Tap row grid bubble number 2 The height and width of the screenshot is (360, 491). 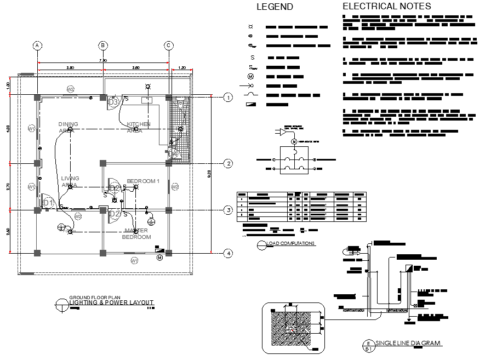click(229, 163)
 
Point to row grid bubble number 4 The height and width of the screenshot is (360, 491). click(229, 253)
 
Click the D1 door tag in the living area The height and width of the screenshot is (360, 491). click(48, 203)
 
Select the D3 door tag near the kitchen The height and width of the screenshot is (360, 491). click(113, 102)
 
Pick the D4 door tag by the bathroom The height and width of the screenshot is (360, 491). click(174, 155)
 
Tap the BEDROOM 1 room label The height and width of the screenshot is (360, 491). click(142, 181)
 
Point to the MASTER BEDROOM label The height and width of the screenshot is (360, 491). click(136, 234)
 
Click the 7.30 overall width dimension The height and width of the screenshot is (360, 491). click(102, 60)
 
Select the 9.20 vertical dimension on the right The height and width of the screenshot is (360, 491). click(209, 174)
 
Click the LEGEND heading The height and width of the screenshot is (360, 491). click(275, 7)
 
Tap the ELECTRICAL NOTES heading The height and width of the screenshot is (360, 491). click(386, 7)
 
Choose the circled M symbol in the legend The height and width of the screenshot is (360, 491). click(251, 77)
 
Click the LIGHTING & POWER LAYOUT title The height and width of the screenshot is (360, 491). click(111, 302)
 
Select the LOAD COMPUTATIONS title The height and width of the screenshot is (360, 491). click(290, 243)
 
